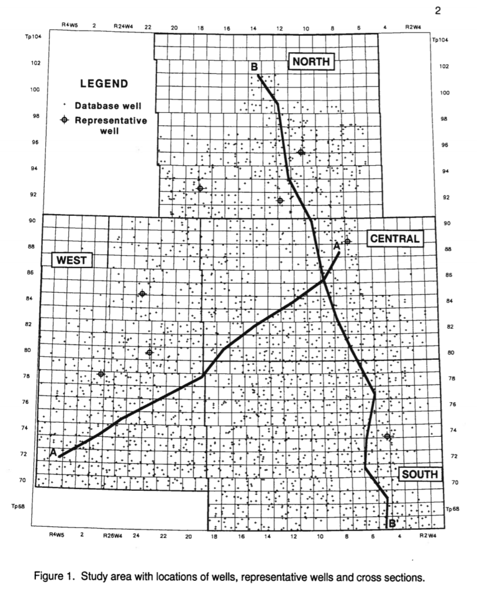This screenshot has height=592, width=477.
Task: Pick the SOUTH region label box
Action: coord(419,475)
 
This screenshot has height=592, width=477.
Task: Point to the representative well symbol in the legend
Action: coord(65,120)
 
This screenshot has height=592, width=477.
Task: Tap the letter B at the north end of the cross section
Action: coord(254,67)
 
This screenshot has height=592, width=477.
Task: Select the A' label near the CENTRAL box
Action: coord(338,246)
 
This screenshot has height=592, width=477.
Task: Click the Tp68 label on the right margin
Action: coord(455,509)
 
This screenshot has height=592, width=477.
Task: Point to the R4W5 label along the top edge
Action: coord(70,27)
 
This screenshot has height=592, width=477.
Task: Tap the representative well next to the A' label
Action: coord(348,241)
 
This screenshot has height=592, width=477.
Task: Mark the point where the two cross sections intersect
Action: coord(323,280)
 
